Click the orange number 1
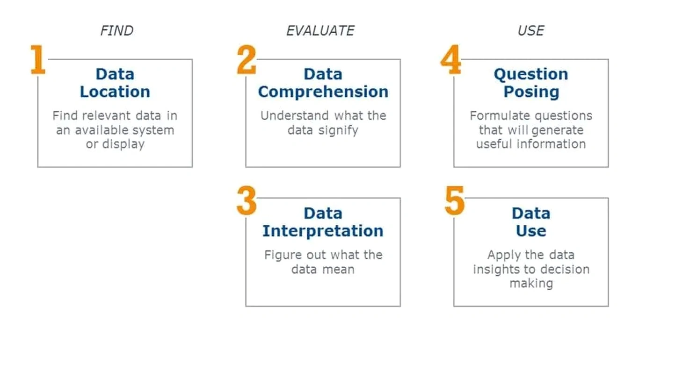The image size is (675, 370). click(38, 60)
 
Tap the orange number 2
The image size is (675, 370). click(247, 60)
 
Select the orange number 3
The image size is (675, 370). click(247, 200)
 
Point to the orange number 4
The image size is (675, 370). click(451, 60)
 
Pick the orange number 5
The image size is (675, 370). click(455, 200)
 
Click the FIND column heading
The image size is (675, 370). click(117, 31)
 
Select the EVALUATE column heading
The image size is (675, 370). click(320, 31)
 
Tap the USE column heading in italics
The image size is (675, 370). click(531, 31)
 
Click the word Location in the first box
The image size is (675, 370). click(115, 92)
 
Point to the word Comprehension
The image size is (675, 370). click(323, 92)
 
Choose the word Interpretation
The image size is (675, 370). click(323, 231)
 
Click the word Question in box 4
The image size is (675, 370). click(531, 74)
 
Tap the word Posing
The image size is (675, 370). click(531, 92)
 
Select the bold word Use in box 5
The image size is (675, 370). click(531, 231)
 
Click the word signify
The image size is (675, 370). click(338, 131)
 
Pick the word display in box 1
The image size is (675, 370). click(123, 144)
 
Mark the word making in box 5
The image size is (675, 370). click(531, 284)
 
